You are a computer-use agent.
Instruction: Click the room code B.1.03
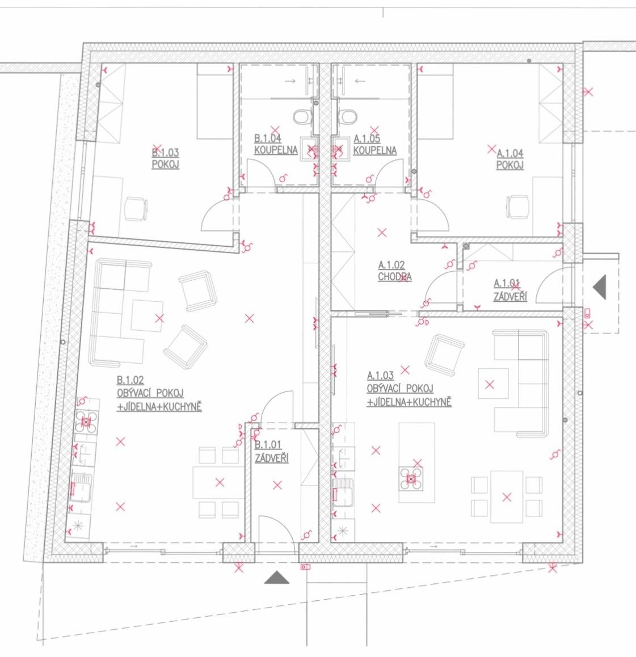165,153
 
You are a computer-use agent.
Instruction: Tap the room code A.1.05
367,138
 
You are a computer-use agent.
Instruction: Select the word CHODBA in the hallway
395,277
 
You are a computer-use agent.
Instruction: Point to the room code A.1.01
507,283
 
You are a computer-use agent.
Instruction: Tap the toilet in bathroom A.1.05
348,117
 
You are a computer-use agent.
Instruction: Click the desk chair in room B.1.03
135,208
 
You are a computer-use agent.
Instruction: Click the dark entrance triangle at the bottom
277,578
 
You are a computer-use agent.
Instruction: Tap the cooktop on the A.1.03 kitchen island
411,478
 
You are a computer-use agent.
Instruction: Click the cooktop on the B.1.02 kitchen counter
86,422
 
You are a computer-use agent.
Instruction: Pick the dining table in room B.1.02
218,483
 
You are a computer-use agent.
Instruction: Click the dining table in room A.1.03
506,497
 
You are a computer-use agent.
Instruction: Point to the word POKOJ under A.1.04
509,165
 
